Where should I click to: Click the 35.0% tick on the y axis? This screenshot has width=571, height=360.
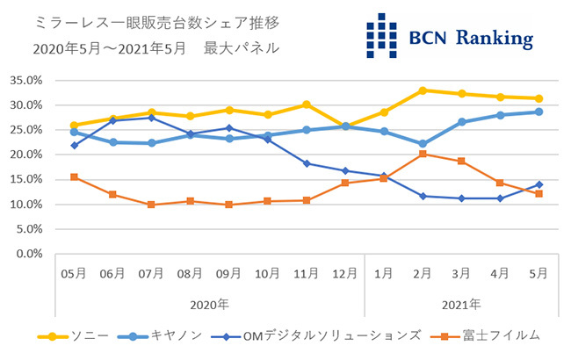pyautogui.click(x=25, y=80)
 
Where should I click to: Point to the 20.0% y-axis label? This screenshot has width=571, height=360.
pyautogui.click(x=25, y=155)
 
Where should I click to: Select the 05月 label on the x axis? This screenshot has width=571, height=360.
pyautogui.click(x=73, y=274)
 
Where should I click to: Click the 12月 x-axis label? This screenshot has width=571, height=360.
pyautogui.click(x=344, y=274)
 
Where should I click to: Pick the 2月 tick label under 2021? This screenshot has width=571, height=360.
pyautogui.click(x=423, y=274)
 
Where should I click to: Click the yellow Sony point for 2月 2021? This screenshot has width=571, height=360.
pyautogui.click(x=423, y=90)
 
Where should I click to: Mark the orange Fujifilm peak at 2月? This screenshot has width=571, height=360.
pyautogui.click(x=423, y=154)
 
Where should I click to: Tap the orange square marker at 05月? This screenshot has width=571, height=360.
pyautogui.click(x=74, y=177)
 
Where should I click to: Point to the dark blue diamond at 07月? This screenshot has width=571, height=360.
pyautogui.click(x=151, y=118)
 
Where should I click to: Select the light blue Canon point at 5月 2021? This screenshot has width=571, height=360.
pyautogui.click(x=538, y=112)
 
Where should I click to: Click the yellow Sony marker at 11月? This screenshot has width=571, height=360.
pyautogui.click(x=307, y=104)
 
